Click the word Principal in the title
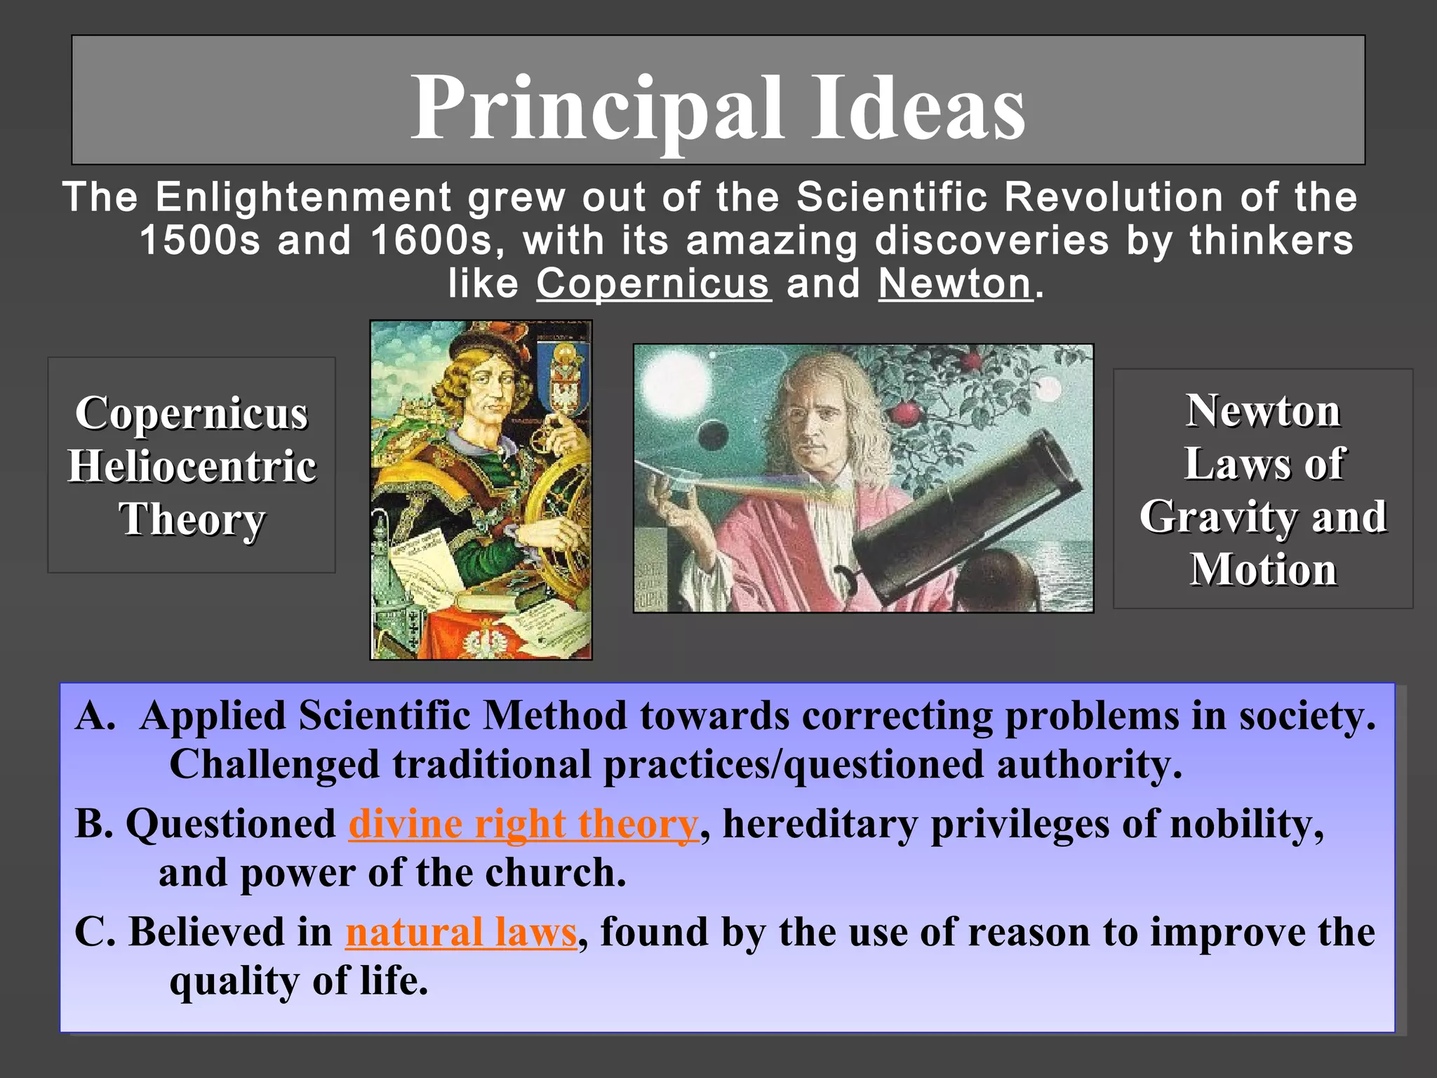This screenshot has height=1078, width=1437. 596,109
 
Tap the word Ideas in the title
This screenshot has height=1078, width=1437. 919,109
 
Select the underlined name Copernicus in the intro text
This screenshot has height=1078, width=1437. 653,284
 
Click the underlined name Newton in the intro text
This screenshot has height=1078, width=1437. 955,284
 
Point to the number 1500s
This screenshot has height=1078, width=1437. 200,241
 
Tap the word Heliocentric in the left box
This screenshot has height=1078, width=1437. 192,466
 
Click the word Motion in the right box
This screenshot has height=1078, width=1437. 1263,569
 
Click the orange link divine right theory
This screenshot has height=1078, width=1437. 523,824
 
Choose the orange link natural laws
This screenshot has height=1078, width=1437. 461,932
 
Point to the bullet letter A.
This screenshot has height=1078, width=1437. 93,716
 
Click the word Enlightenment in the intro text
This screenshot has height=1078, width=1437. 303,197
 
